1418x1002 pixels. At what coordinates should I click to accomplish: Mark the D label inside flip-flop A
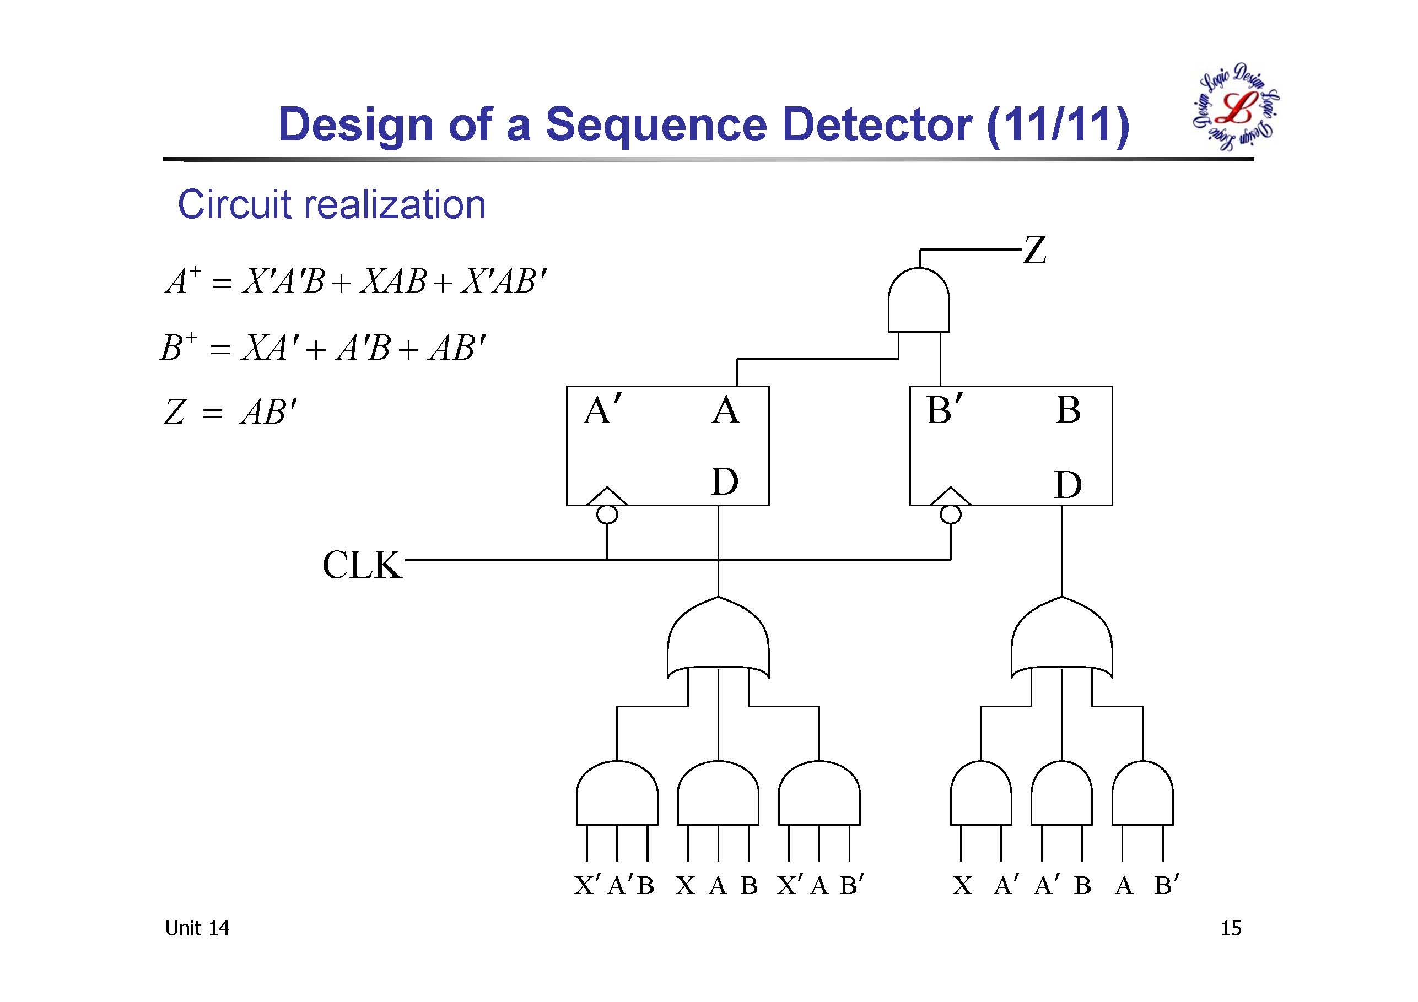point(725,481)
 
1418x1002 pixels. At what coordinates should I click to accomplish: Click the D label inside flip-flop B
point(1069,484)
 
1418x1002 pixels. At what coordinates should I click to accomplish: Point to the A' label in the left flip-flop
point(603,409)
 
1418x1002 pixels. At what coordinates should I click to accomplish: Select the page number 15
point(1231,928)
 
